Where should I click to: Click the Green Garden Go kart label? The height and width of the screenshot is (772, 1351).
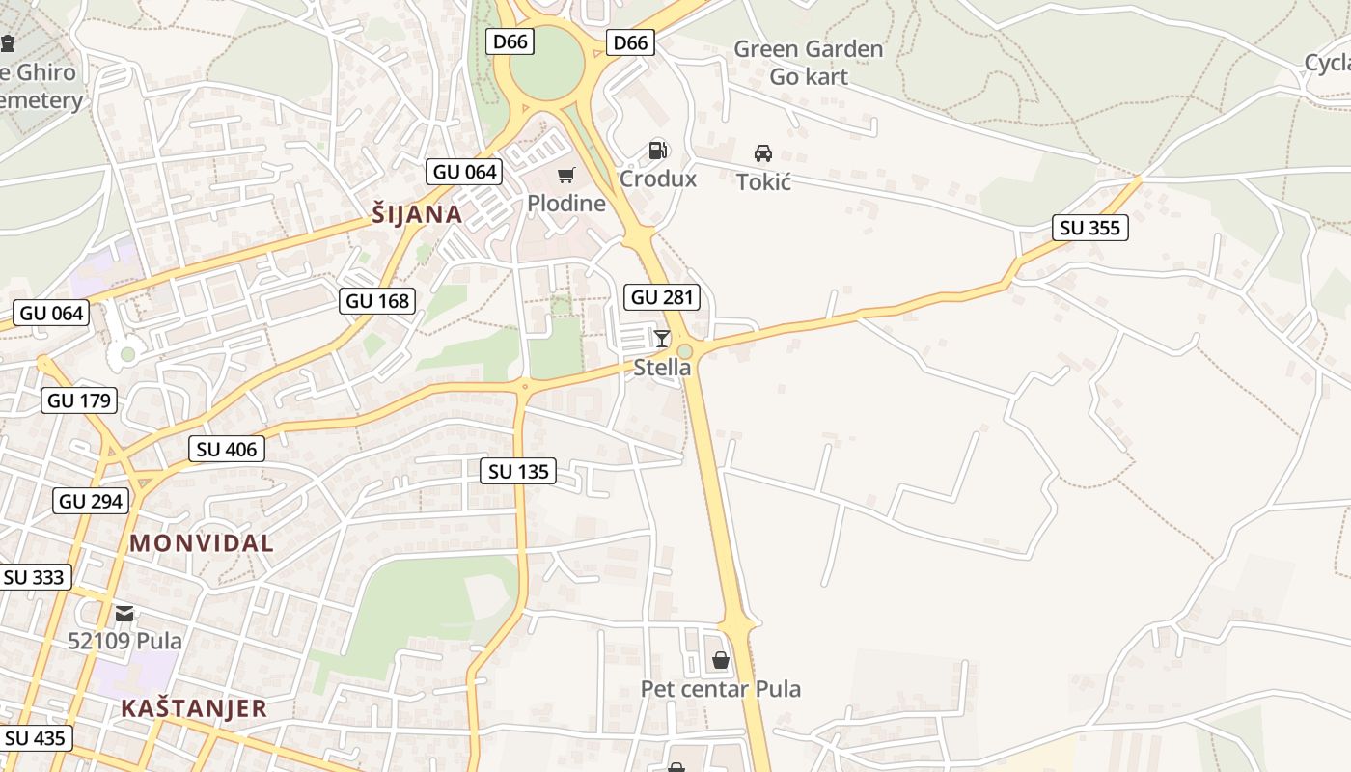pos(809,63)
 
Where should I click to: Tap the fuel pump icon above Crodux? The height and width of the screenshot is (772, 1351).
pos(658,150)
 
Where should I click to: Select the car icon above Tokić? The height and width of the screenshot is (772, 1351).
pos(763,153)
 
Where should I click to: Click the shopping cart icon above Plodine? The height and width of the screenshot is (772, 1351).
pos(566,175)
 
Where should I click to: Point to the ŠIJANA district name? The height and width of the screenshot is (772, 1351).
pos(417,214)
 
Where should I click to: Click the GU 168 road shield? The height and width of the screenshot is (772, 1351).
pos(378,301)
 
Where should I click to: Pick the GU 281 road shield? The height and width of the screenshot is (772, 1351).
pos(662,297)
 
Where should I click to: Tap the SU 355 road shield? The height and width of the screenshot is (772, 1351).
pos(1090,228)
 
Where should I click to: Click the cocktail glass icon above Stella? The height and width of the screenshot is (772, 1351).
pos(662,338)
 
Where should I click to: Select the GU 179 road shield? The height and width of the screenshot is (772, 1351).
pos(79,400)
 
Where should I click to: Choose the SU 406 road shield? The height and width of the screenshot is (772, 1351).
pos(227,449)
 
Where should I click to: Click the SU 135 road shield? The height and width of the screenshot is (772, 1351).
pos(518,471)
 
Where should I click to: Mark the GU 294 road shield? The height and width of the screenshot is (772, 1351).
pos(91,501)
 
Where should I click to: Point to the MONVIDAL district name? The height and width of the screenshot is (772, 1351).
pos(202,543)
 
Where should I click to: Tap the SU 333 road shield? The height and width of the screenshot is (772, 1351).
pos(34,577)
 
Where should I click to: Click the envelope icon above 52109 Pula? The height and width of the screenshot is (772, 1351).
pos(124,613)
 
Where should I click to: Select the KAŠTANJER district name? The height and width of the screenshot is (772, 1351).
pos(194,708)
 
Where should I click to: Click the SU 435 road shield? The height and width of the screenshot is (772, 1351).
pos(34,738)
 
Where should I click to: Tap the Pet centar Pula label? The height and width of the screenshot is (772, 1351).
pos(721,689)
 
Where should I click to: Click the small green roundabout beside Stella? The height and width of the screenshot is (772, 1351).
pos(685,351)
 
